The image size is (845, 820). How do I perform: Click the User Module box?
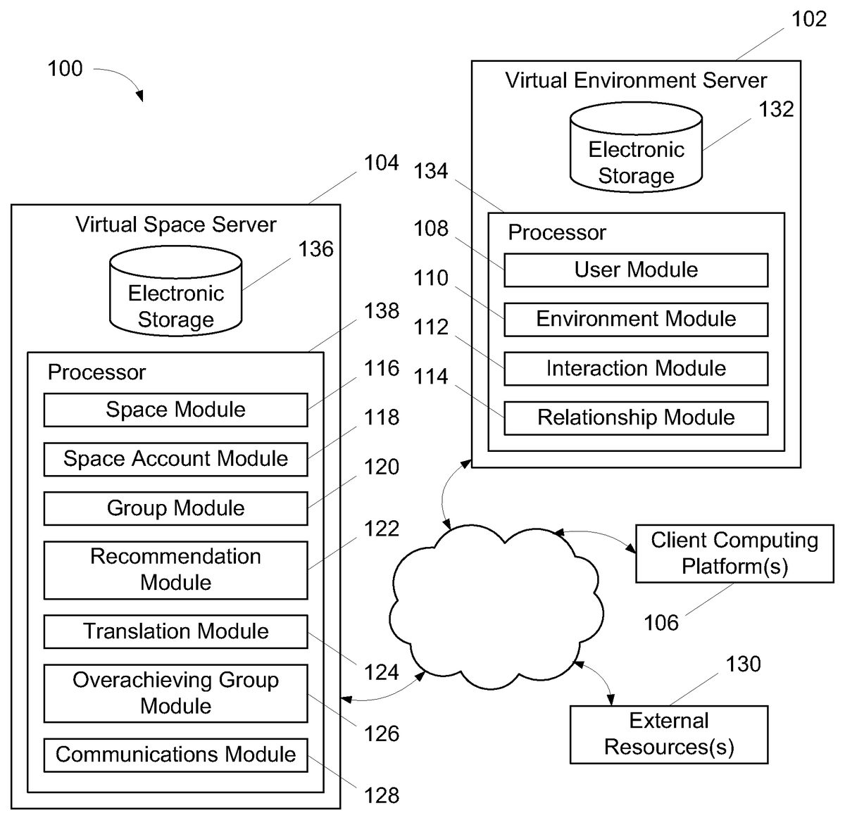[635, 270]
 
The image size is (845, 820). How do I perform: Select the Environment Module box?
[635, 320]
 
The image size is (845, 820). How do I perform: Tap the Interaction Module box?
[635, 369]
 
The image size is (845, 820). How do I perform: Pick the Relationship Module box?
[635, 418]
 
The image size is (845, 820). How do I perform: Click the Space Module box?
[175, 410]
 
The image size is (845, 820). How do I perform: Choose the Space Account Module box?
[175, 459]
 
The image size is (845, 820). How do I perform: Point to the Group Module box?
[175, 508]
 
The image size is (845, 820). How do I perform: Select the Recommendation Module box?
[175, 569]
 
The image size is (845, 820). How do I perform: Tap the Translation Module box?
[175, 631]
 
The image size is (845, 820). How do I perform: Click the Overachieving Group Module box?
[175, 693]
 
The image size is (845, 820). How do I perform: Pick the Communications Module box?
[175, 755]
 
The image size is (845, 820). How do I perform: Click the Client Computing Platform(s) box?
[734, 553]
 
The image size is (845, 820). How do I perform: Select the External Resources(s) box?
[668, 734]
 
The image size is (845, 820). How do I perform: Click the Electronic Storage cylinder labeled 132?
[636, 148]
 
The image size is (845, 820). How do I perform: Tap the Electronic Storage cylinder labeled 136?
[175, 291]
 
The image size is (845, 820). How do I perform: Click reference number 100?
[65, 69]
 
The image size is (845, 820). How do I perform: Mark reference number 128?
[382, 795]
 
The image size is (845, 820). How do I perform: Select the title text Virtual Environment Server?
[635, 80]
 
